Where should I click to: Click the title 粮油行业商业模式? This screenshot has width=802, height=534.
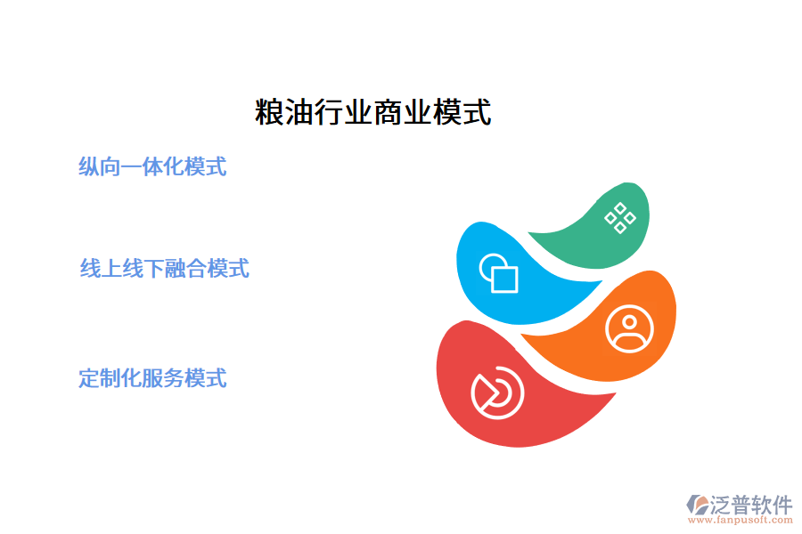[372, 113]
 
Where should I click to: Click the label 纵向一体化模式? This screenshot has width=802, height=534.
[152, 166]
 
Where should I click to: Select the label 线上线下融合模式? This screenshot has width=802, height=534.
[165, 268]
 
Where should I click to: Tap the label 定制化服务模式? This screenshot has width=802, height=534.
[152, 377]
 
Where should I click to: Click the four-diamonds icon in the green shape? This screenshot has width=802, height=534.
[619, 217]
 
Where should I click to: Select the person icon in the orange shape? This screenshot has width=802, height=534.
[629, 329]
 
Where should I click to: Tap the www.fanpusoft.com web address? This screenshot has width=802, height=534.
[738, 521]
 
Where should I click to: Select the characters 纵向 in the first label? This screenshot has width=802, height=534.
[100, 166]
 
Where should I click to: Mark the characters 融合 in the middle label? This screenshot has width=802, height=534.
[186, 268]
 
